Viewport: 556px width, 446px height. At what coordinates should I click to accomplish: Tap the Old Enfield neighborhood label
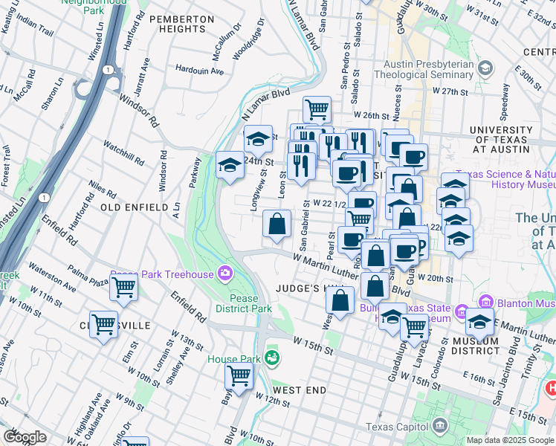(x=135, y=207)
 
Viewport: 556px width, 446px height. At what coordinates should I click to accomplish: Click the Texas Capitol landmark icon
(x=440, y=427)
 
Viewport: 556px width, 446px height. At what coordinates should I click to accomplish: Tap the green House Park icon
(x=273, y=358)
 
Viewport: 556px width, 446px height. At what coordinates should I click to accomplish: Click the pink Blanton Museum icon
(x=487, y=303)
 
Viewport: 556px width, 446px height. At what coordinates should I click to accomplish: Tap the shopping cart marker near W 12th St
(x=239, y=376)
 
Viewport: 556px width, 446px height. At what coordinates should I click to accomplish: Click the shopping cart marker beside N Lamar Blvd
(x=317, y=109)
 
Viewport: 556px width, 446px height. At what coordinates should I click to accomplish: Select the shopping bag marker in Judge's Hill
(x=340, y=300)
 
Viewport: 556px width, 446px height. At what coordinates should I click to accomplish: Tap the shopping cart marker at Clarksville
(x=103, y=324)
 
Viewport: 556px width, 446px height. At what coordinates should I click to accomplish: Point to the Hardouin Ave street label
(x=199, y=71)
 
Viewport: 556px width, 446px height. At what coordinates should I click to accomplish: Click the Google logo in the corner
(x=25, y=437)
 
